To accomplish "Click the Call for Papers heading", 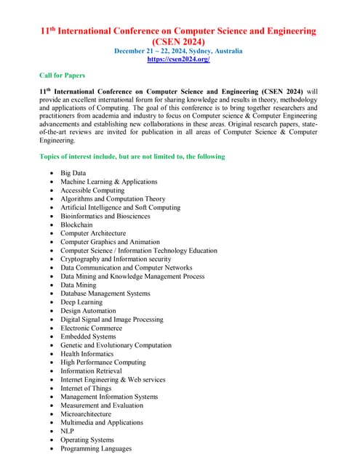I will (62, 76).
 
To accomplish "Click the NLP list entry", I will (68, 431).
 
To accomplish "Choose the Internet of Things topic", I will (86, 388).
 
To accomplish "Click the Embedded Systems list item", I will (87, 336).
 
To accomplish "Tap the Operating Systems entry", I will (87, 440).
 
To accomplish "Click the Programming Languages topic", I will (96, 448).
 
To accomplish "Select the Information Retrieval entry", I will (91, 371).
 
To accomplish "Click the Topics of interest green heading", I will (132, 156).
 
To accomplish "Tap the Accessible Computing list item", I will (92, 190).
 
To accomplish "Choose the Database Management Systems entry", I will (105, 294).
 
